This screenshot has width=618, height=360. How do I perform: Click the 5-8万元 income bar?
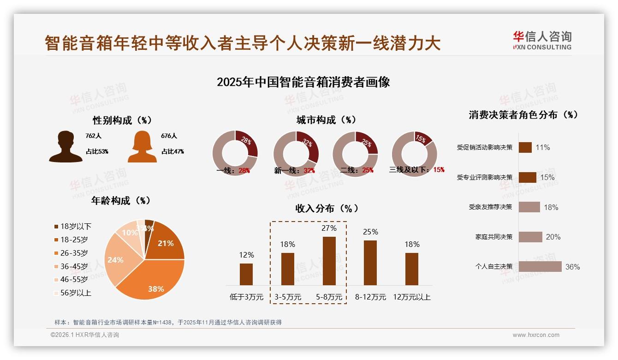[x=329, y=261]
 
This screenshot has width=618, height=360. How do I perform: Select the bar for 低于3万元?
[x=246, y=274]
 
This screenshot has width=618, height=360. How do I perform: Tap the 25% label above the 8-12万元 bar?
[x=370, y=232]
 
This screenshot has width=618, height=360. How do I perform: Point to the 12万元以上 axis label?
[x=411, y=297]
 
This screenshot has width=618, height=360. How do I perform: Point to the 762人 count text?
[x=93, y=136]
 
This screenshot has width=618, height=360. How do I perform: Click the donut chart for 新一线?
[x=296, y=154]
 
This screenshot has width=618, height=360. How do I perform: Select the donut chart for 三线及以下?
[x=414, y=154]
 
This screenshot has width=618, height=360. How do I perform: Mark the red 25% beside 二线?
[x=368, y=170]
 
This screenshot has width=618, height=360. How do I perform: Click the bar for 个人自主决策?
[x=540, y=267]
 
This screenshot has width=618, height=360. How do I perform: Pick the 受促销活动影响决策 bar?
[x=525, y=147]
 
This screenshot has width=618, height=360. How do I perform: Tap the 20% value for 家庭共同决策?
[x=553, y=237]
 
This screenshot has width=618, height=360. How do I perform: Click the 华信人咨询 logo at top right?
[x=542, y=41]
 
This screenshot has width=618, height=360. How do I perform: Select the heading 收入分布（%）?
[x=327, y=208]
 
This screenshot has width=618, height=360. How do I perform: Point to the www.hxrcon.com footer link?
[x=536, y=335]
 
